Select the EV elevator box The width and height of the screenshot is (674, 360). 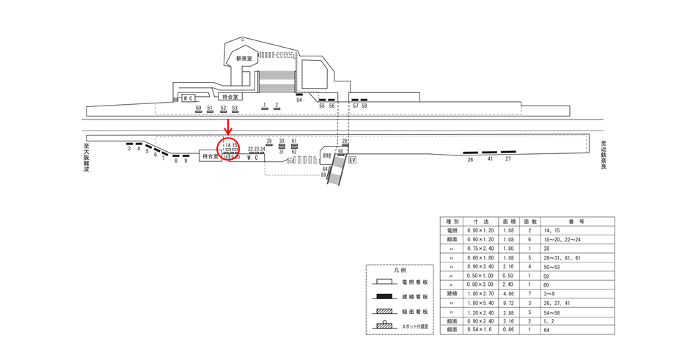(x=352, y=160)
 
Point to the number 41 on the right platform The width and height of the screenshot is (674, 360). (x=490, y=158)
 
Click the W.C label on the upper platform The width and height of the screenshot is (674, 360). (x=188, y=98)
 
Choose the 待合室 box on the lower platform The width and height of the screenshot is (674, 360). (x=210, y=157)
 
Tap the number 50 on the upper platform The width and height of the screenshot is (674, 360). (x=198, y=108)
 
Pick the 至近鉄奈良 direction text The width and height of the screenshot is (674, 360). (x=603, y=154)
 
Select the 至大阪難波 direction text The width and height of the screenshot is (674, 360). (x=86, y=156)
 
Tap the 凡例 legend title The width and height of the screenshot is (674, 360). (x=400, y=270)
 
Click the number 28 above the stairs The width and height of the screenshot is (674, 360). (x=345, y=141)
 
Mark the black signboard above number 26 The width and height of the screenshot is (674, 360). (x=470, y=153)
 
